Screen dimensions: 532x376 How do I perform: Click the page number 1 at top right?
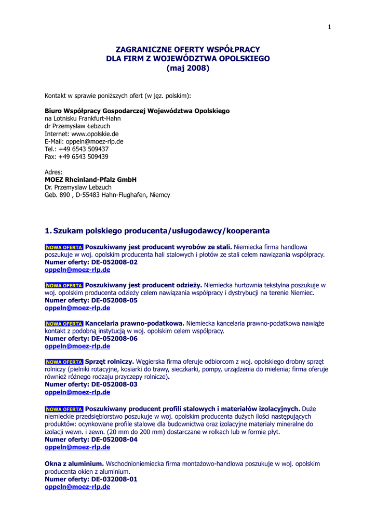329,27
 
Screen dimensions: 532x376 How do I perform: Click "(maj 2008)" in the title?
188,68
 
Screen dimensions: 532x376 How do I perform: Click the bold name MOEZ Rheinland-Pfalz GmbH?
90,180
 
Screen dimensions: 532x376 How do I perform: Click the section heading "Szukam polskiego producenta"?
161,231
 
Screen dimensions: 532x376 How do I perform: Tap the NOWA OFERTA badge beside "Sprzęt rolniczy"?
64,362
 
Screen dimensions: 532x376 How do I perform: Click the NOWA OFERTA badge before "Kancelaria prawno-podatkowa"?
64,324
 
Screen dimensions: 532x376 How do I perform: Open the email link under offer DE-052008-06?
77,347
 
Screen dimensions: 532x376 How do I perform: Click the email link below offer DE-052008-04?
77,447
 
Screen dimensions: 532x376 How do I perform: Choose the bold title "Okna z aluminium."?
74,463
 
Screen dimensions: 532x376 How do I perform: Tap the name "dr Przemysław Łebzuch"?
77,126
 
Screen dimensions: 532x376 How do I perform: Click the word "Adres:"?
53,172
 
